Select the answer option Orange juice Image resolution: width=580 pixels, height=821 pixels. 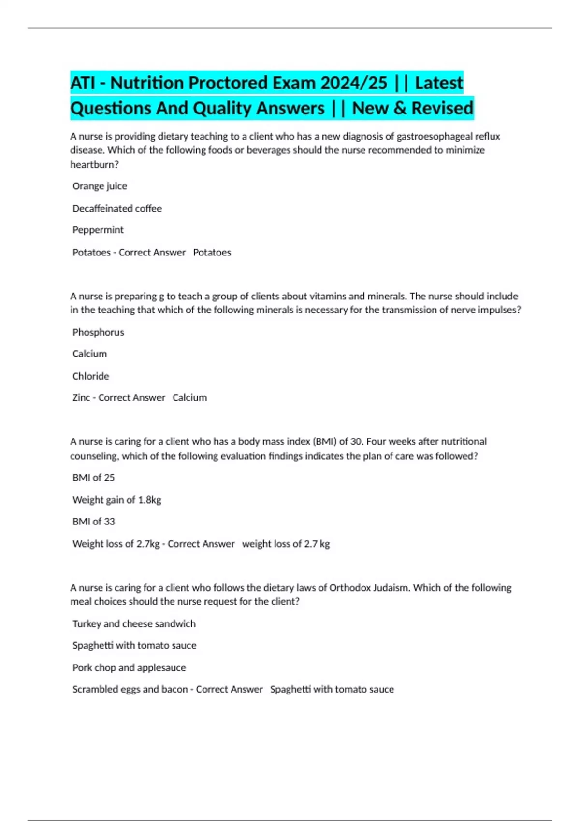click(100, 186)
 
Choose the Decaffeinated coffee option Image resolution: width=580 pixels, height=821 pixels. click(117, 208)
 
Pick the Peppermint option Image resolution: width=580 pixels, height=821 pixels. click(98, 230)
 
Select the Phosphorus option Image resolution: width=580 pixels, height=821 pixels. click(98, 332)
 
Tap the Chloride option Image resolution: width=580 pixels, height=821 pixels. click(91, 376)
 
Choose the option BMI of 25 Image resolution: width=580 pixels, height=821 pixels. click(94, 478)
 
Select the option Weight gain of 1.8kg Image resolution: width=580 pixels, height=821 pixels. click(117, 500)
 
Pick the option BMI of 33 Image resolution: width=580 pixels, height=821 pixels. click(94, 522)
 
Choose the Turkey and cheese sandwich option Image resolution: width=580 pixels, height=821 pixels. click(134, 623)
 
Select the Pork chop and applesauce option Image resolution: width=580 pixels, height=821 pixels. click(129, 667)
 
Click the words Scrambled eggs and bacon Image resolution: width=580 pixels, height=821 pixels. click(130, 689)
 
